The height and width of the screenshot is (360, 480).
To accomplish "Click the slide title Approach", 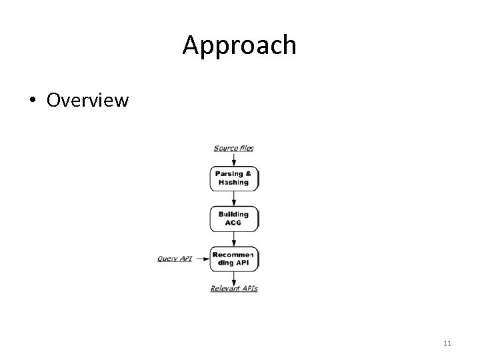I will [239, 45].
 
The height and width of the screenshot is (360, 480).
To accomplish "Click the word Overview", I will [87, 100].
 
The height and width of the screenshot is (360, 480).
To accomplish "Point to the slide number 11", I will [447, 343].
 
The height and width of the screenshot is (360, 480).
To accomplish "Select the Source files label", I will [233, 148].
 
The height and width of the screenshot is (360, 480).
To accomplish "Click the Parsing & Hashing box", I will [234, 178].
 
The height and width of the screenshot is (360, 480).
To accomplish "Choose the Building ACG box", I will [234, 219].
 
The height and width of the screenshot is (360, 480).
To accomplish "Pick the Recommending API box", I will [234, 259].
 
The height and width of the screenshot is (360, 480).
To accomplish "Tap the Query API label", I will [175, 258].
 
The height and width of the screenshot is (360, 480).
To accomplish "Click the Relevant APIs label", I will [234, 289].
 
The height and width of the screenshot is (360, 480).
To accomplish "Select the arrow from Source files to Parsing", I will [234, 159].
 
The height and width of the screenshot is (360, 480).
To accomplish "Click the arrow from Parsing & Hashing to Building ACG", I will [234, 199].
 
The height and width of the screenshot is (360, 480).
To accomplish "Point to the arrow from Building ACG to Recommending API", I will [234, 239].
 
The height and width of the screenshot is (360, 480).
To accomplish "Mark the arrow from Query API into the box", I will [201, 259].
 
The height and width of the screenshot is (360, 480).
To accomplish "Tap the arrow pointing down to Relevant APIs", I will [234, 277].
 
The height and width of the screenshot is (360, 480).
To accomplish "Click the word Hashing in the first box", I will [233, 183].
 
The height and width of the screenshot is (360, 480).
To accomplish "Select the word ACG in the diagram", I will [233, 223].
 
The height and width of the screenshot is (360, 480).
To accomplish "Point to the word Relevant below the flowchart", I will [225, 289].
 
